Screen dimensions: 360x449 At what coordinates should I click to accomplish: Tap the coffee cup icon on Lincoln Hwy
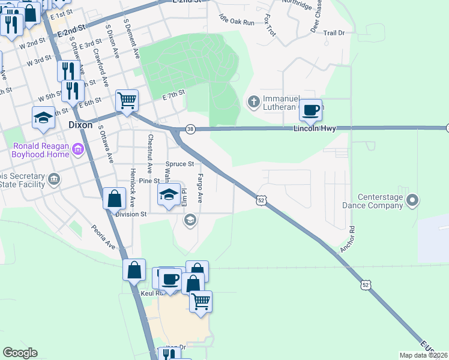point(310,110)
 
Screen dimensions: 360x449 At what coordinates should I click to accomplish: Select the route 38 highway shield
point(190,128)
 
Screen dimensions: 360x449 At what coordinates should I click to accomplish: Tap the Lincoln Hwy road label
point(315,129)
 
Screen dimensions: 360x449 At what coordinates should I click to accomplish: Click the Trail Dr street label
point(334,34)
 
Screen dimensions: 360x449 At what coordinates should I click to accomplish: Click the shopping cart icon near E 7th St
point(127,101)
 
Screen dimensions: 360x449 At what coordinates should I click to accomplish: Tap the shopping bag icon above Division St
point(114,199)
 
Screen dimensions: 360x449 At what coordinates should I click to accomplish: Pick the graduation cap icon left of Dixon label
point(43,118)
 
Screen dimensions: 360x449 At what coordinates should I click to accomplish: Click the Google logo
point(20,353)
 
